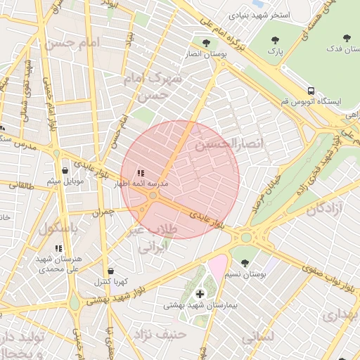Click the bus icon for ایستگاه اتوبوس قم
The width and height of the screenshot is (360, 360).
pos(311,91)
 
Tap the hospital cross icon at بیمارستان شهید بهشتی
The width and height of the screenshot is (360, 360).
pos(200,293)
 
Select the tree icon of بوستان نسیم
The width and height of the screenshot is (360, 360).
pos(245,262)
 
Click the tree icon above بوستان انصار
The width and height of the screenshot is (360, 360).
pos(206,42)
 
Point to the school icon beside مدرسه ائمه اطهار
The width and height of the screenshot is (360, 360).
pos(141,172)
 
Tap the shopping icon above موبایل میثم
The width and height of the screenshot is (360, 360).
pos(65,170)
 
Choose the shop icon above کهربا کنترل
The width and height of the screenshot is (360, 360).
pos(110,271)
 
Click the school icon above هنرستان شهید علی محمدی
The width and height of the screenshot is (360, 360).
pos(58,248)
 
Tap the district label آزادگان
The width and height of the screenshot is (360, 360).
pos(324,208)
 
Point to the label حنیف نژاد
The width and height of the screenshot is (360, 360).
pos(163,333)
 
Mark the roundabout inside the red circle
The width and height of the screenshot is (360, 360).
pos(153,195)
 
